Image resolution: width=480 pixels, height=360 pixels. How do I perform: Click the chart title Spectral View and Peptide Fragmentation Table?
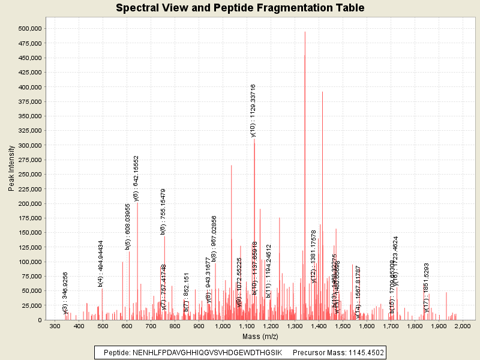240,8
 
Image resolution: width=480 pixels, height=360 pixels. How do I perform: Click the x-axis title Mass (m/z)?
259,337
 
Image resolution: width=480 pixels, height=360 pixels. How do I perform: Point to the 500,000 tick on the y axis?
29,29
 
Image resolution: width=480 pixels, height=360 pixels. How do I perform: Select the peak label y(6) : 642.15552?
136,178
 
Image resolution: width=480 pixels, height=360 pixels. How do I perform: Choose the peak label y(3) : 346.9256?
65,293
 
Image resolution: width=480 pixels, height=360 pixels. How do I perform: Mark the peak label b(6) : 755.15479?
163,211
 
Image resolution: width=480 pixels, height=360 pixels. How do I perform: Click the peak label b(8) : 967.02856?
214,238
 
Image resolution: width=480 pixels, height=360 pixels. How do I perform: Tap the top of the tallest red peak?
305,32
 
